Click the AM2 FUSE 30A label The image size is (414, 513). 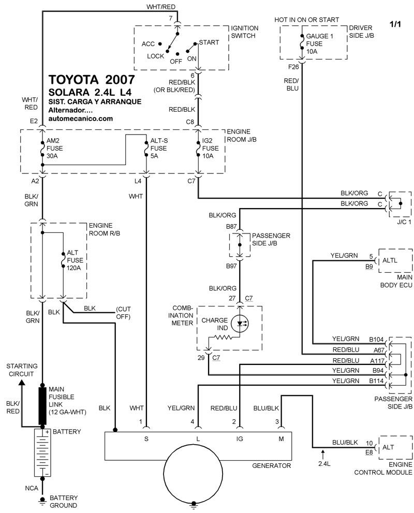click(x=54, y=148)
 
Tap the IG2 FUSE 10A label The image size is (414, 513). click(x=212, y=148)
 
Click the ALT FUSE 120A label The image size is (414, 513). click(x=73, y=261)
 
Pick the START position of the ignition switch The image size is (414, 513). click(x=209, y=42)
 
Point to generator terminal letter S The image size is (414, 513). click(x=146, y=439)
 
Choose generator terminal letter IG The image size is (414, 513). click(x=240, y=439)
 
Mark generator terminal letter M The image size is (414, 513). click(x=282, y=439)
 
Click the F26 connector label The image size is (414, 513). click(x=294, y=67)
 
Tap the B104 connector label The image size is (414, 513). click(x=377, y=340)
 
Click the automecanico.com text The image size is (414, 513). click(x=80, y=118)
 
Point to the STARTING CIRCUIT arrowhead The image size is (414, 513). click(x=22, y=382)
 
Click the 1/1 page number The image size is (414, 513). click(x=395, y=23)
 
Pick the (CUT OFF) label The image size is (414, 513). click(x=123, y=312)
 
